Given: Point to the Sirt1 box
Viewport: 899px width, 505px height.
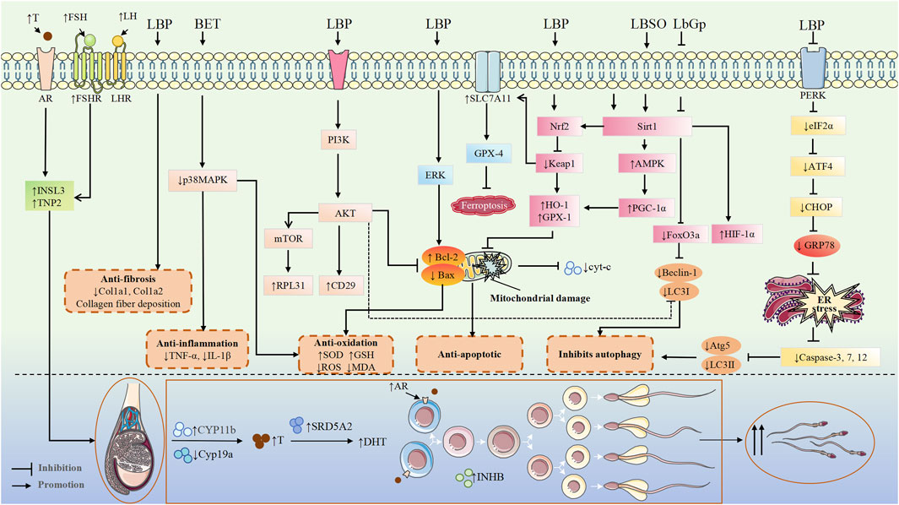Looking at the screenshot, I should (647, 127).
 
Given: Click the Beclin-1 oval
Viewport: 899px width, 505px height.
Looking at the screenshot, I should (678, 273).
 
